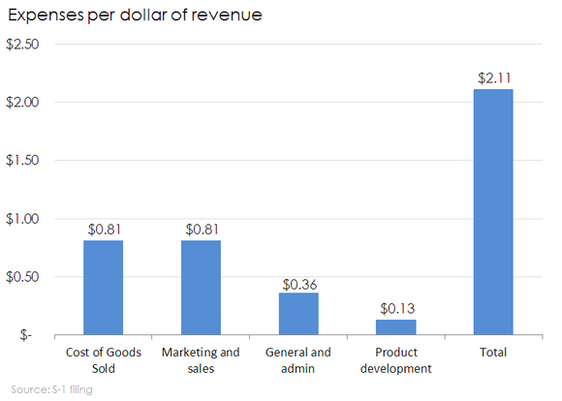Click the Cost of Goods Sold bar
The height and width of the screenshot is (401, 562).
pos(103,288)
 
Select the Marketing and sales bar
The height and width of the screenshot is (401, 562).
pos(201,288)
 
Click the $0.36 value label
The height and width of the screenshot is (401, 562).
pos(298,285)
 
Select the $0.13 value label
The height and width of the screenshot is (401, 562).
pos(395,309)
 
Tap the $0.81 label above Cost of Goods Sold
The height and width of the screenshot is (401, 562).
pos(103,230)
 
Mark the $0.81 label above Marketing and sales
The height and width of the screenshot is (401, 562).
pos(201,230)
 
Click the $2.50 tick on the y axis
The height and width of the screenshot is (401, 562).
pos(23,45)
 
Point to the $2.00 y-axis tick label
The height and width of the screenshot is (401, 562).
pos(23,103)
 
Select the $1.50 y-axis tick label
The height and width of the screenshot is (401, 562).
pos(23,161)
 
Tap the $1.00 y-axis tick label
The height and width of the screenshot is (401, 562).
pos(23,219)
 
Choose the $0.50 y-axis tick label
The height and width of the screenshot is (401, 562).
pos(23,277)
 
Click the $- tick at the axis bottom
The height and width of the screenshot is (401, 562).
pos(21,335)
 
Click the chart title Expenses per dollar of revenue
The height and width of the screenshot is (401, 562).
pos(134,16)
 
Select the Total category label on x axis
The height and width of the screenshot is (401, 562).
pos(493,353)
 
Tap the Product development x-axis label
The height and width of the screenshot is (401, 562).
pos(395,360)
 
